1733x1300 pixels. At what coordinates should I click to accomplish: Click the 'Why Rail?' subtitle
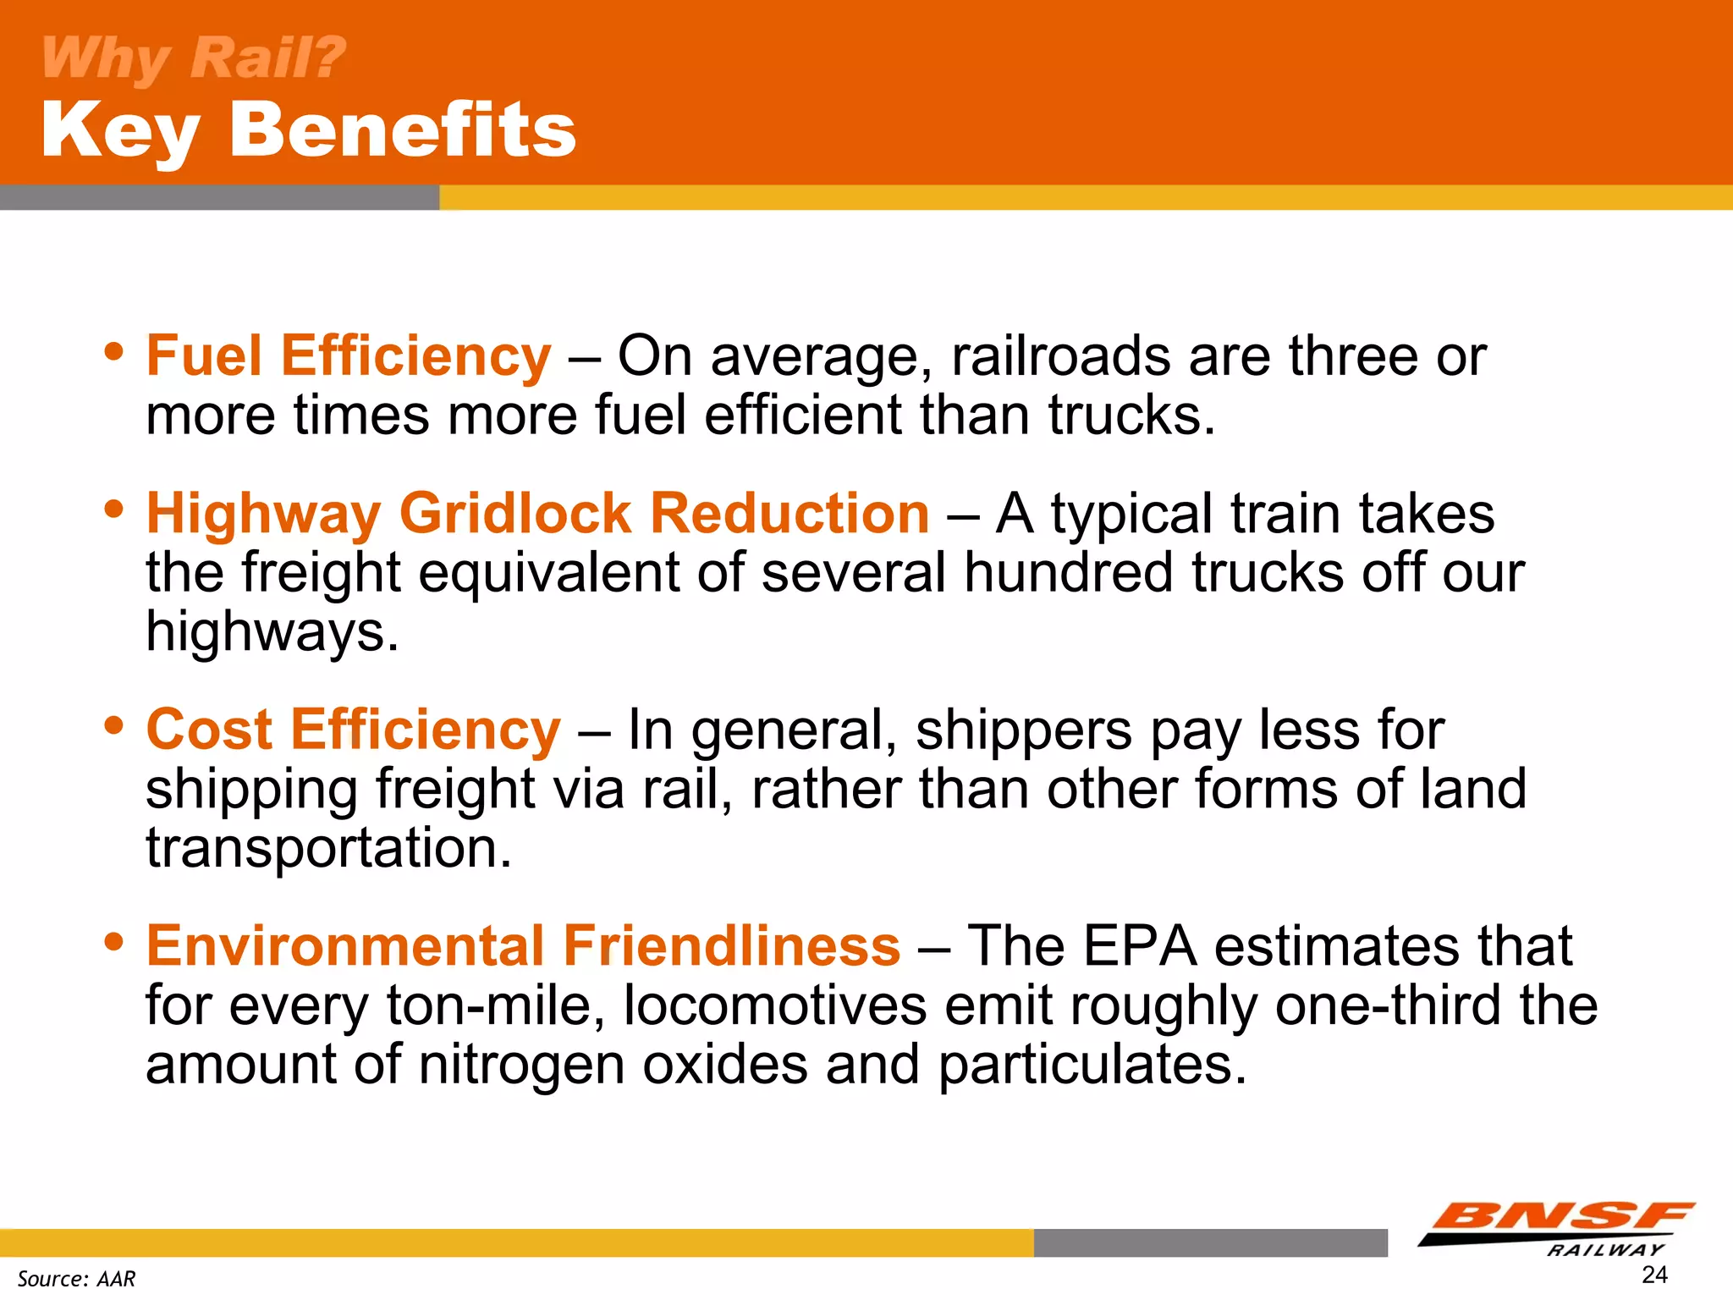pos(194,58)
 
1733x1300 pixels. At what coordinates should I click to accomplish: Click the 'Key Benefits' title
pos(309,129)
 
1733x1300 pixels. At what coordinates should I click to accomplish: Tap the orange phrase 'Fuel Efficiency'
pos(349,355)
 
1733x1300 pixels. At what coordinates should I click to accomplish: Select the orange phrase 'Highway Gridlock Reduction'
pos(538,514)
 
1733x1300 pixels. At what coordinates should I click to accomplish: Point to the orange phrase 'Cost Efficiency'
pos(353,730)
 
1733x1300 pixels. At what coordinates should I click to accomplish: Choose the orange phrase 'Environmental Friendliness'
pos(523,945)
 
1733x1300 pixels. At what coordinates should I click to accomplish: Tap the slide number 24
pos(1654,1275)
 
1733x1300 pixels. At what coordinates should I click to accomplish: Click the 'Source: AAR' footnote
pos(76,1278)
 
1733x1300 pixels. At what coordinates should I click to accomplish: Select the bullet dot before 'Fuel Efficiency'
pos(114,350)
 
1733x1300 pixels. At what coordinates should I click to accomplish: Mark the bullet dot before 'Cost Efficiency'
pos(114,724)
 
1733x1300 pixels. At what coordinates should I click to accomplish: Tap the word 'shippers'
pos(1024,731)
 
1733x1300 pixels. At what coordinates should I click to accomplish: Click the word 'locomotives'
pos(775,1005)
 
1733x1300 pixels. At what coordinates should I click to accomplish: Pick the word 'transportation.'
pos(329,848)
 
